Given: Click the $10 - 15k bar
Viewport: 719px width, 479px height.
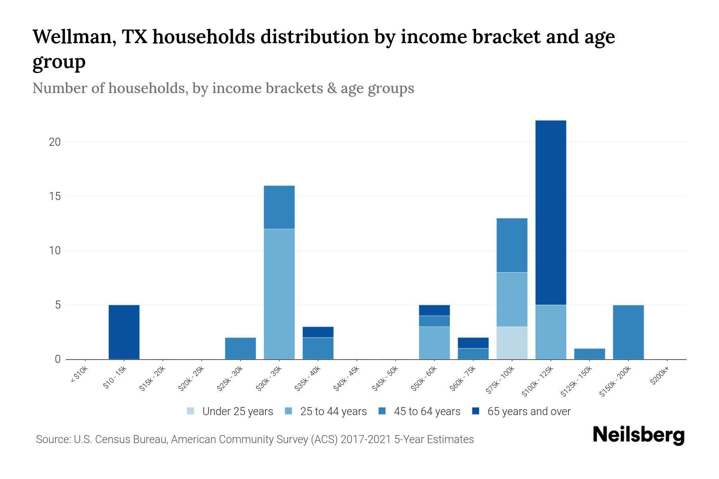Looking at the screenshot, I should click(x=124, y=332).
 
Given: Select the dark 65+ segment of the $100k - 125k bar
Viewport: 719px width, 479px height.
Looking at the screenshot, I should click(x=551, y=212).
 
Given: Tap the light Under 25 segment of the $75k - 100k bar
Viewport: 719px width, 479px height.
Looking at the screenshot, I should click(x=512, y=343).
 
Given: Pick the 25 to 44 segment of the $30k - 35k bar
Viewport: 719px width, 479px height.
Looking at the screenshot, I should click(x=279, y=294).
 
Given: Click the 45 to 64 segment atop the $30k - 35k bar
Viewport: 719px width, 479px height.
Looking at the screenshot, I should click(x=279, y=207).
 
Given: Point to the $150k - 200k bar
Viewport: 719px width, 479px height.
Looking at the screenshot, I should click(x=628, y=332).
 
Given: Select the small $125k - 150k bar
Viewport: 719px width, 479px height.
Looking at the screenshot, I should click(x=590, y=354).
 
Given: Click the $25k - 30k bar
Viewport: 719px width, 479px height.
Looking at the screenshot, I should click(x=240, y=348).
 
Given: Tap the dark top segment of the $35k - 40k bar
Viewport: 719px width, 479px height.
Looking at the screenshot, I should click(x=318, y=332).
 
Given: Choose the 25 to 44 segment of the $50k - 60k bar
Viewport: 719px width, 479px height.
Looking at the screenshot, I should click(x=434, y=343).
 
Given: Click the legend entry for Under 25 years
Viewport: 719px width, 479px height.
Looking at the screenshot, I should click(x=230, y=412).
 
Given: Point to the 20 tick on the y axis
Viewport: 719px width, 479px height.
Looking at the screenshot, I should click(x=54, y=142).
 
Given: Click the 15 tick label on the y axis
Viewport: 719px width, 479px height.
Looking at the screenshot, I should click(x=54, y=196).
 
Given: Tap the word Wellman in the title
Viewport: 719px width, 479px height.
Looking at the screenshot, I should click(x=74, y=37).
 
